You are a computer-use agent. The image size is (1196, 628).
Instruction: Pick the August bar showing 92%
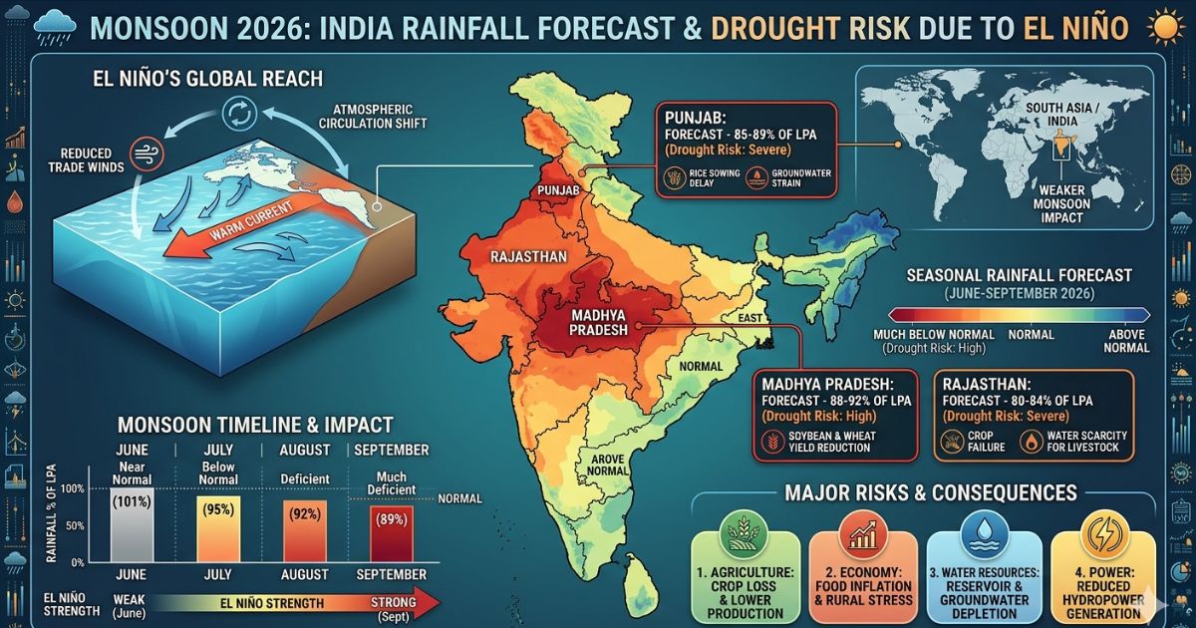click(x=306, y=529)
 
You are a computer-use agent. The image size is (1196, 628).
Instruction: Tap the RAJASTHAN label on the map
click(x=528, y=256)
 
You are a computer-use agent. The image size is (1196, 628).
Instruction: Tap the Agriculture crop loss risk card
click(x=745, y=575)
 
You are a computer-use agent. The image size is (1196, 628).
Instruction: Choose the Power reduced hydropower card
click(x=1102, y=575)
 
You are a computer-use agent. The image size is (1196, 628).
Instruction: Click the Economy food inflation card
click(x=863, y=575)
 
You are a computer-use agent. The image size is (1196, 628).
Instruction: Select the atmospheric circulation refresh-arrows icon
click(x=239, y=112)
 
